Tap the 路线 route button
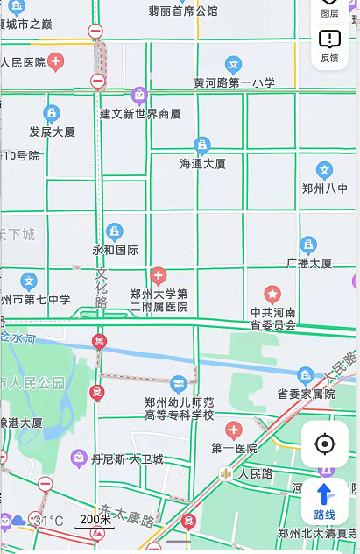coord(324,502)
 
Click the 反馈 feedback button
coord(329,46)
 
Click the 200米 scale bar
coord(95,521)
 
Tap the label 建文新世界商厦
coord(140,114)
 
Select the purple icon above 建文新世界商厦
coord(138,95)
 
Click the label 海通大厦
coord(203,164)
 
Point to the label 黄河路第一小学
coord(234,83)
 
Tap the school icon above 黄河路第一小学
coord(233,64)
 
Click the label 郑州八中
coord(325,188)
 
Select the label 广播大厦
coord(309,263)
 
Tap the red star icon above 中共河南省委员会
coord(273,294)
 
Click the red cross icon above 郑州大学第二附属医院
coord(159,275)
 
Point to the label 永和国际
coord(115,250)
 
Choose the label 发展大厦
coord(53,132)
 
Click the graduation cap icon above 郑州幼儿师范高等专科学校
coord(179,384)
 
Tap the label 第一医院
coord(234,448)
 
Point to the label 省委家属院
coord(307,394)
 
